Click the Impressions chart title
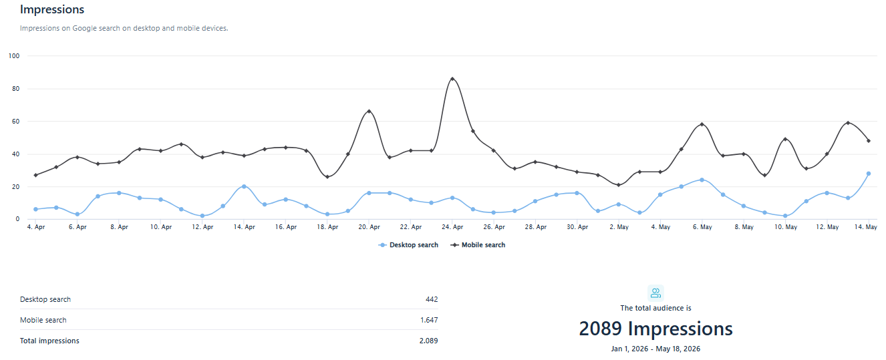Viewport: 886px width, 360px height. click(52, 9)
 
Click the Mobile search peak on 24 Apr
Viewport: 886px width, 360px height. click(452, 79)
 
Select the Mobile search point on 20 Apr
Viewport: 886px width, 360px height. click(369, 112)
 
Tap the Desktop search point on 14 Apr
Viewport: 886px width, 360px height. click(244, 186)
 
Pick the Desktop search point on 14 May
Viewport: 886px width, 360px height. click(869, 174)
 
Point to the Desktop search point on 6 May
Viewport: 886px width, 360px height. click(702, 180)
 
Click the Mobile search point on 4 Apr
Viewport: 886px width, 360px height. click(35, 175)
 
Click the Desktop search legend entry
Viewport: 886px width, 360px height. click(408, 245)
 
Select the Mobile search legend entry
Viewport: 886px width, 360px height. click(478, 245)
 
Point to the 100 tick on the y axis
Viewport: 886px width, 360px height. click(14, 56)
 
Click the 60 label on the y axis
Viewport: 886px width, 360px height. click(15, 122)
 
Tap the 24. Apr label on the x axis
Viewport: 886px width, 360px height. click(452, 227)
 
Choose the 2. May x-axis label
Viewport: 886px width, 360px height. click(619, 227)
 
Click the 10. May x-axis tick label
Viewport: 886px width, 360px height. click(786, 227)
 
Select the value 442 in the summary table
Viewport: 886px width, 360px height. click(432, 299)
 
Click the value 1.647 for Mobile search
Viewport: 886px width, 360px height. click(429, 320)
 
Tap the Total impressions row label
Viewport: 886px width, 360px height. click(49, 341)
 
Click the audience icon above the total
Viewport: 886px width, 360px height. click(655, 293)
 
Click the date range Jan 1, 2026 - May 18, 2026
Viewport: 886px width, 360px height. click(655, 349)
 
